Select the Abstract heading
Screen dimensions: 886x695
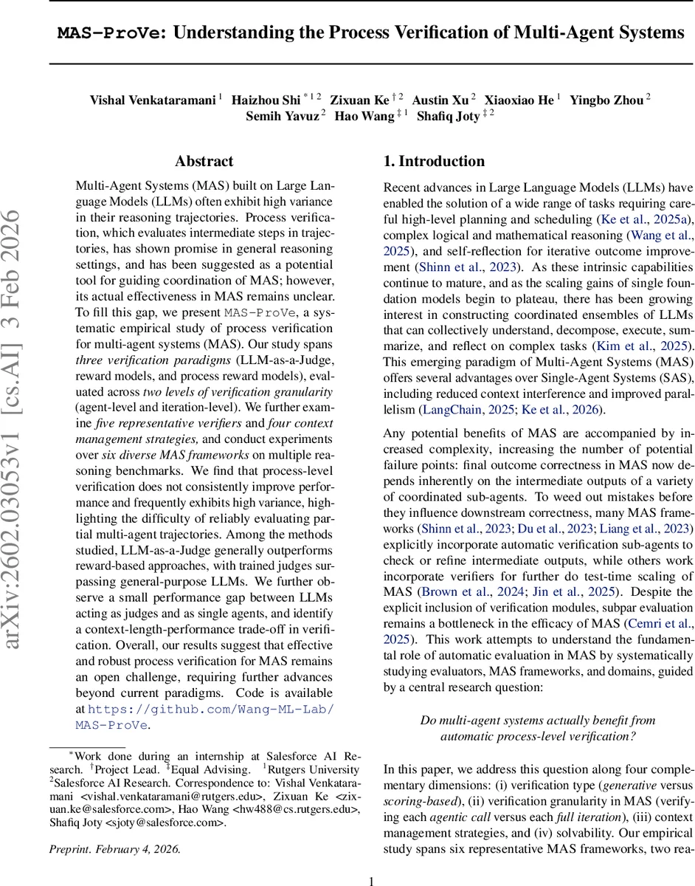pos(204,162)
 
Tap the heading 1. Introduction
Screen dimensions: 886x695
pos(434,162)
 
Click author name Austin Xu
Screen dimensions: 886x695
pos(440,100)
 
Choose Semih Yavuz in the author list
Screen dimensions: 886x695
pos(281,117)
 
